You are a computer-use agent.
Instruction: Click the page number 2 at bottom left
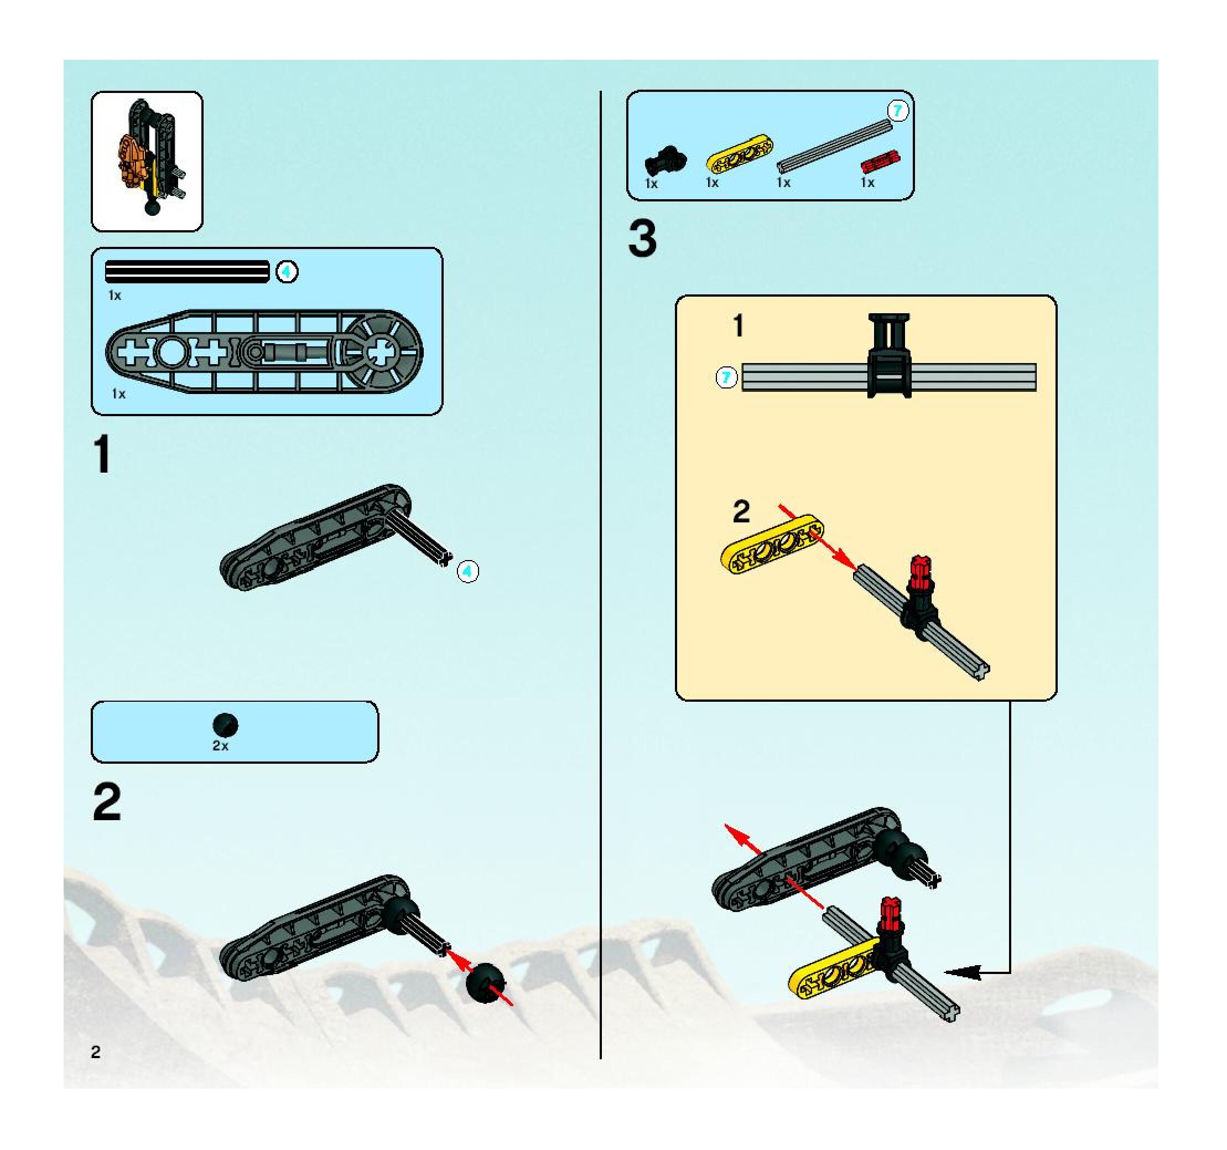[95, 1052]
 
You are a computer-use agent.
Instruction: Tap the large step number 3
[642, 240]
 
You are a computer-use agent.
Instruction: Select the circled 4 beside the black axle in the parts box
[287, 272]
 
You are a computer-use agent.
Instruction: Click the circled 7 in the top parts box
[897, 111]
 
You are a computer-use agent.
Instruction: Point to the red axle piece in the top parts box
[880, 162]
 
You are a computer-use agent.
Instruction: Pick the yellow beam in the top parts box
[739, 153]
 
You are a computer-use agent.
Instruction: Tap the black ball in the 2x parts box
[225, 724]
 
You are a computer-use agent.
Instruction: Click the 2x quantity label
[220, 745]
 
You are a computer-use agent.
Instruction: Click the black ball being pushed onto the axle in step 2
[485, 983]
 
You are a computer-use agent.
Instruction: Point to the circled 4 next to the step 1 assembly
[468, 572]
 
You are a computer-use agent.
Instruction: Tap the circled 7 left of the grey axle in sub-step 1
[726, 377]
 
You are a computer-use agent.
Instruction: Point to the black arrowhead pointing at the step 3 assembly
[963, 973]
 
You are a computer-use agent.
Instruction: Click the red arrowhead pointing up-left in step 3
[738, 836]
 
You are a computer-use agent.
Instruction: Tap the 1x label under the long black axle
[115, 295]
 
